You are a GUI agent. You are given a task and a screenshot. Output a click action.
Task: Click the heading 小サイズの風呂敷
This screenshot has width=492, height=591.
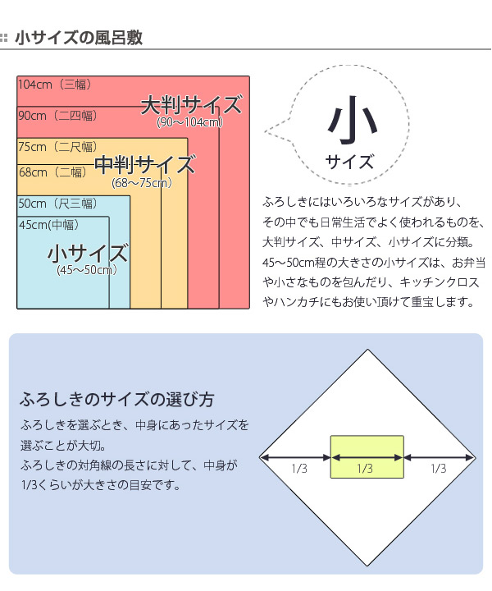coord(79,38)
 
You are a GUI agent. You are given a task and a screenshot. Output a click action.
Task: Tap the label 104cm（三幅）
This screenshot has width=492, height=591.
coord(55,84)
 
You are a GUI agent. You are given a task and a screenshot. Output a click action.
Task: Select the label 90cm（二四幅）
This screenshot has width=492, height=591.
coord(57,116)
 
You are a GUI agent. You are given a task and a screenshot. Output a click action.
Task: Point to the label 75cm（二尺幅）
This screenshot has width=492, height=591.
coord(57,147)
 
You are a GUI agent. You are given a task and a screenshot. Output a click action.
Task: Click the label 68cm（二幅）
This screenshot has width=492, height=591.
coord(52,172)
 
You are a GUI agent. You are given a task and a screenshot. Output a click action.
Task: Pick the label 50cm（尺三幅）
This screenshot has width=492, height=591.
coord(57,204)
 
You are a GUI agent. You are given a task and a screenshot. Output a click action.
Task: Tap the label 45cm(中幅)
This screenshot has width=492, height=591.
coord(49,225)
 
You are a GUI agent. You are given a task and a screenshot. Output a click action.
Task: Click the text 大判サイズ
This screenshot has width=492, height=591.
coord(191,105)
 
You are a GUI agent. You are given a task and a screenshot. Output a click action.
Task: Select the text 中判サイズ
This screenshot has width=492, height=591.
coord(145,164)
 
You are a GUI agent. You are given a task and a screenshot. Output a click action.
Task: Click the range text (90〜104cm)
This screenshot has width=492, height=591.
coord(189,122)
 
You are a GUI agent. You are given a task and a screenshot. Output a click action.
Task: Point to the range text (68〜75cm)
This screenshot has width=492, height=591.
coord(142,183)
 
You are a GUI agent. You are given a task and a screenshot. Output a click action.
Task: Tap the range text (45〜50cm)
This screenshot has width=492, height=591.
coord(87,270)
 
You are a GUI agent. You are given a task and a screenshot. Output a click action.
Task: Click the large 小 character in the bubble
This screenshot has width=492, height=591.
coord(352,120)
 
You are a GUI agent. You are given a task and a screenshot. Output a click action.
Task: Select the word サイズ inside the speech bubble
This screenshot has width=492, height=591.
coord(349,162)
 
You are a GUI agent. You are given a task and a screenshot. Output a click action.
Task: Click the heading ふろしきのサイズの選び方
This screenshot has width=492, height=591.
coord(117,399)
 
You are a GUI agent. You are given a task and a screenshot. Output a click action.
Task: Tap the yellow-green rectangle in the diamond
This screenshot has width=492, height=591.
coord(367,457)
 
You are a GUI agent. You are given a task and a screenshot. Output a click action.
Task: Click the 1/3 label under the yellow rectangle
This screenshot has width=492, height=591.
coord(365,469)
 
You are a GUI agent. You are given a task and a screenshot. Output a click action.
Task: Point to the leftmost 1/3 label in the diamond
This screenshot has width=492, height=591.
coord(299,469)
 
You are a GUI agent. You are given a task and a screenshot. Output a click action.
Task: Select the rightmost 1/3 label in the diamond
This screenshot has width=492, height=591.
coord(439,469)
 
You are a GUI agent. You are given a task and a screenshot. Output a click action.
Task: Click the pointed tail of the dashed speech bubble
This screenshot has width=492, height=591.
coord(265,131)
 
